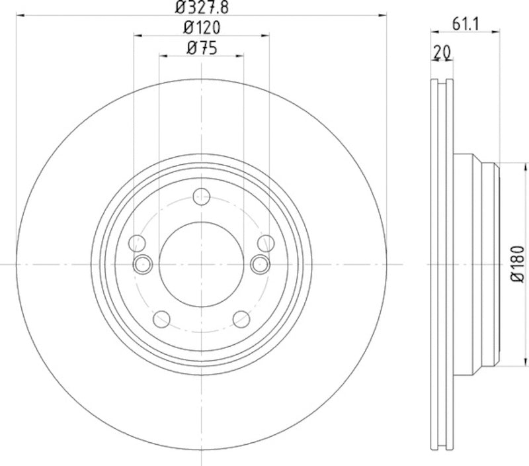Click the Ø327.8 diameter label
(201, 8)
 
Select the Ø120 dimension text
(201, 27)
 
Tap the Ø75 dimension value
(202, 47)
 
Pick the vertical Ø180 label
(518, 265)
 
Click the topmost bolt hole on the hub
(202, 196)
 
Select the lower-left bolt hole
(161, 320)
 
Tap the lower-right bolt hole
(243, 320)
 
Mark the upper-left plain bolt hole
(138, 242)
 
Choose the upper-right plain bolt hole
(265, 242)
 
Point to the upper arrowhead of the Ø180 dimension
(501, 165)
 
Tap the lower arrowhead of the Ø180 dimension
(501, 364)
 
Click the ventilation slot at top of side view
(442, 83)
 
